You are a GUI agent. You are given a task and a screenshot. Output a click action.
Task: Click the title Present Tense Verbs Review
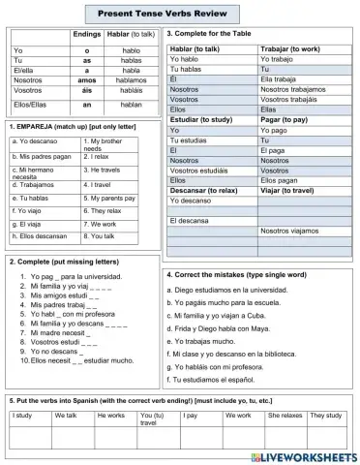click(180, 14)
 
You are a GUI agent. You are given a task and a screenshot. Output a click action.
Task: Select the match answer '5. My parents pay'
click(114, 197)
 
